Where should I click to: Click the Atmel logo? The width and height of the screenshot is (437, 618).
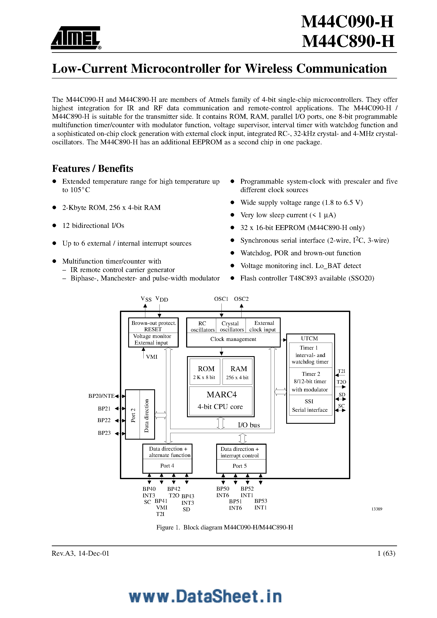(x=76, y=38)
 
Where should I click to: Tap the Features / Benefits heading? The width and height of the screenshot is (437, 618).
(x=92, y=168)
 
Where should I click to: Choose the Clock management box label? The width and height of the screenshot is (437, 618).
(x=233, y=339)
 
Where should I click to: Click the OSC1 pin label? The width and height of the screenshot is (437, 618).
(x=221, y=299)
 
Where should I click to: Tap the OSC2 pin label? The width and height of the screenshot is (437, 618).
(x=241, y=299)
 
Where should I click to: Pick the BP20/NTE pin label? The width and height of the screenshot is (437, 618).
(x=101, y=396)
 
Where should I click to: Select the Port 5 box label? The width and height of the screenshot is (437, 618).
(x=239, y=466)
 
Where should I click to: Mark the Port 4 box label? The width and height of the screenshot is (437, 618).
(x=167, y=466)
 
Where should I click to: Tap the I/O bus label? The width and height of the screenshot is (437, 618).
(x=249, y=425)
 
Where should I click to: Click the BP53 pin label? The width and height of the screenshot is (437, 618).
(x=261, y=501)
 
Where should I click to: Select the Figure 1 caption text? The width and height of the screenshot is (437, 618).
(x=224, y=527)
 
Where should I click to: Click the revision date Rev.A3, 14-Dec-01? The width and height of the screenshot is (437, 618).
(x=81, y=553)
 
